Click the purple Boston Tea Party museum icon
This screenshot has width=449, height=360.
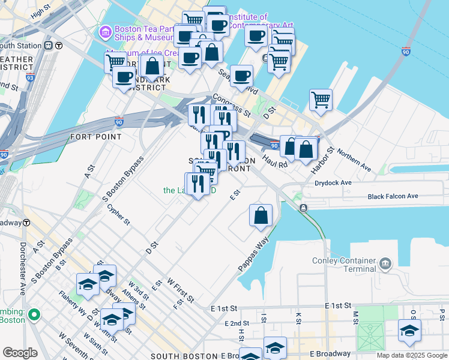pos(106,31)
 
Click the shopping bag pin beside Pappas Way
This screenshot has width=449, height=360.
pos(261,217)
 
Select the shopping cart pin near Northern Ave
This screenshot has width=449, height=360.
pos(321,100)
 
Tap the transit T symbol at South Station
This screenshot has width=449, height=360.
pos(59,46)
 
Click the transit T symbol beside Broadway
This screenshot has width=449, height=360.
pos(26,222)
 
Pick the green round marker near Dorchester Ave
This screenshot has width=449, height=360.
pos(35,314)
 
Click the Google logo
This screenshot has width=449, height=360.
pos(20,353)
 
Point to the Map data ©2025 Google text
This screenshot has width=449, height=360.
pos(411,355)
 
